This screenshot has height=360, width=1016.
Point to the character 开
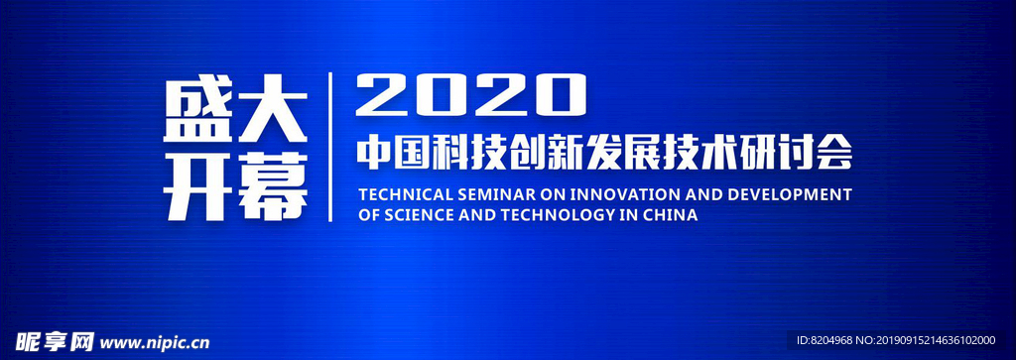click(197, 187)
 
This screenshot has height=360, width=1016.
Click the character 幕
click(272, 187)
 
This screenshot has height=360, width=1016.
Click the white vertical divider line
click(330, 147)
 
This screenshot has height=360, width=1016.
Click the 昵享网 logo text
click(56, 341)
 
